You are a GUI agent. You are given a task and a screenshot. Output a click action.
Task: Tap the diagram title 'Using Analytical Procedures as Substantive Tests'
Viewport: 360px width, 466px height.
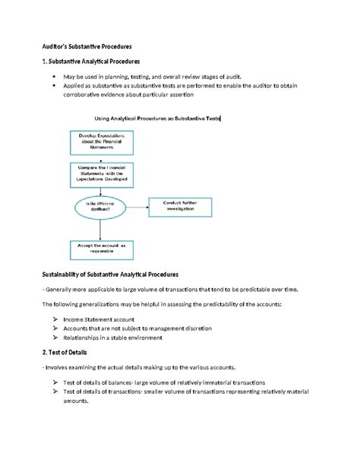click(156, 119)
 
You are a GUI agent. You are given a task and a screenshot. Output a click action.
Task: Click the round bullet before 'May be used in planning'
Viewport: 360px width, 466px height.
click(54, 78)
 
